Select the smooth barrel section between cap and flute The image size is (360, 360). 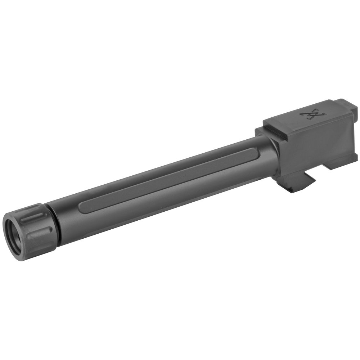pos(67,216)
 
